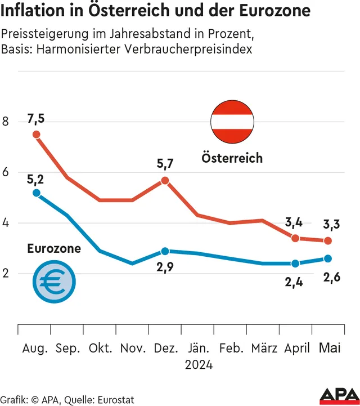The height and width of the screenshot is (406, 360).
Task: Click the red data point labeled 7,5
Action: [37, 135]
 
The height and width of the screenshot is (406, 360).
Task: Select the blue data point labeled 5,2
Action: [37, 193]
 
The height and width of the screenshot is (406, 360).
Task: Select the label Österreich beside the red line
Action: [232, 158]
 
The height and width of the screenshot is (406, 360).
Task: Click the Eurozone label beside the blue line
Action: [54, 248]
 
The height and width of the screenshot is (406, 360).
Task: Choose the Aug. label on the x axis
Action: [35, 348]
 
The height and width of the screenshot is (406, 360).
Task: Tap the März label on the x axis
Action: [264, 348]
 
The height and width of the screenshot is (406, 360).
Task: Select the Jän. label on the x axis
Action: [199, 348]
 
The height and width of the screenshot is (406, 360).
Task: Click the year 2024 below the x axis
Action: [199, 365]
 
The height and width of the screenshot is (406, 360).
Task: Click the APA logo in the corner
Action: [339, 395]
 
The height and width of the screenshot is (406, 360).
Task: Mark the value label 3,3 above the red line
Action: [331, 225]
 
